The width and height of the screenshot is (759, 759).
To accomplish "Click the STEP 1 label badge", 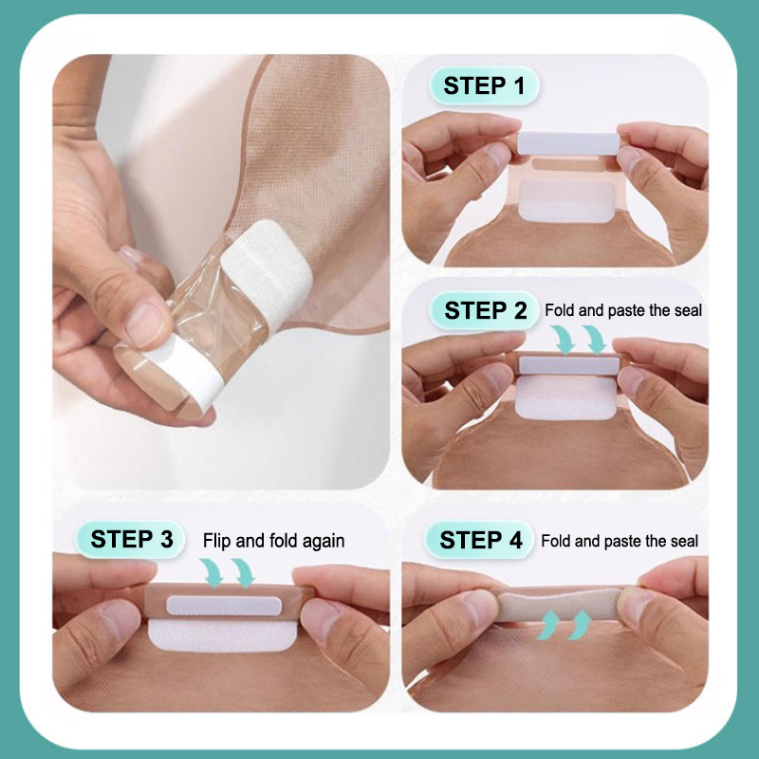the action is pos(484,85).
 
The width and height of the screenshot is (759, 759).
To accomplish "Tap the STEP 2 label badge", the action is pos(485,310).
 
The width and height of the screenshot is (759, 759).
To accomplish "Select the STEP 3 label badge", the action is pos(131,539).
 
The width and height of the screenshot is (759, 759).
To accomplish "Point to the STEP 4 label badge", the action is pos(480,540).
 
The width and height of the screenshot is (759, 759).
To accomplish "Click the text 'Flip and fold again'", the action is pos(273,541).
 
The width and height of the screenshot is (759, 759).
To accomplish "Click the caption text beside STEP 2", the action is pos(623,310).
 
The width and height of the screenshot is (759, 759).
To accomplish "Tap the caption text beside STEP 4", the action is pos(620,541).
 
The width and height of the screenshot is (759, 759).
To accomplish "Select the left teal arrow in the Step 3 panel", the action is pos(212,573).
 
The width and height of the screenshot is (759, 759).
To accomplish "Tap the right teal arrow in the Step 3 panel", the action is pos(243,573).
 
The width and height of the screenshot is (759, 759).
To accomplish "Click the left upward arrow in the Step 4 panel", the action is pos(548,624).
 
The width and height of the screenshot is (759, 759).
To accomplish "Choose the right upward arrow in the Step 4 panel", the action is pos(580,624).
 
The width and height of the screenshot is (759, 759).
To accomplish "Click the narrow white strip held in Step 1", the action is pos(568,143).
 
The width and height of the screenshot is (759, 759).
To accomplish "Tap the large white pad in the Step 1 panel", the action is pos(567,201).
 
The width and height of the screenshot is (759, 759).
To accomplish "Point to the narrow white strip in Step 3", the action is pos(224,605).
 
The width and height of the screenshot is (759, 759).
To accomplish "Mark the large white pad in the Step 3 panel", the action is pos(222,635).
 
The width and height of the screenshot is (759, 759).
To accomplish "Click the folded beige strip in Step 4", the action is pos(560,604).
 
